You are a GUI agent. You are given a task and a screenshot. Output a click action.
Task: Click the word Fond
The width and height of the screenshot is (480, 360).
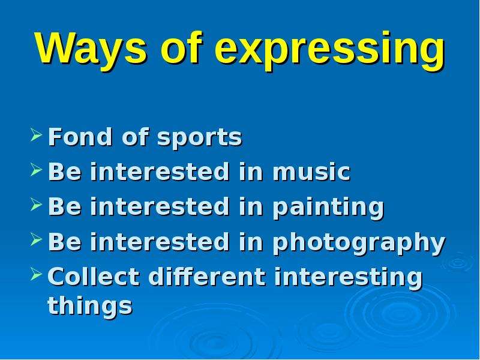[x=80, y=137]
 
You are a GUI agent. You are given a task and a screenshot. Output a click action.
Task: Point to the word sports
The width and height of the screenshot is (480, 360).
[x=200, y=139]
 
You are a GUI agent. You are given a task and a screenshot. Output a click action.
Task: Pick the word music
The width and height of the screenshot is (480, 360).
[x=311, y=172]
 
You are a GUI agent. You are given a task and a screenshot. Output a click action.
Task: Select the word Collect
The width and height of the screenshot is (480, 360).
[x=94, y=277]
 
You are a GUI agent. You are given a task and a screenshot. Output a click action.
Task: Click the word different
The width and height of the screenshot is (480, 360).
[x=207, y=277]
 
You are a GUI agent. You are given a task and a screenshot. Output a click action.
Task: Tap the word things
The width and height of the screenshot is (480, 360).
[x=90, y=306]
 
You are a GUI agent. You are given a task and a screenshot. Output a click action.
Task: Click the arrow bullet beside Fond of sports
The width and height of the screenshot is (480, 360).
[x=36, y=135]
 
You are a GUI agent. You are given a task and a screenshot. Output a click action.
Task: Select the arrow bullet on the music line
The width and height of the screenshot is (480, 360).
[x=36, y=170]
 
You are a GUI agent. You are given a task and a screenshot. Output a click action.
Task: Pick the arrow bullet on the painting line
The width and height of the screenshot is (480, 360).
[x=36, y=205]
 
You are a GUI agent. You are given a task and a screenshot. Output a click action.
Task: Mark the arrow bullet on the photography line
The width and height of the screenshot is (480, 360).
[x=36, y=239]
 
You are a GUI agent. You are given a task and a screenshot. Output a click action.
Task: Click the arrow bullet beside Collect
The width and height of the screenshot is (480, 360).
[x=36, y=274]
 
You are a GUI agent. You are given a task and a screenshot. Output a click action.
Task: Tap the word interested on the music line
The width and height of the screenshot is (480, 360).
[x=160, y=172]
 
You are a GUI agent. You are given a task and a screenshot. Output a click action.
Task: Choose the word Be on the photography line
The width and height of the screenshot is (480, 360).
[x=65, y=242]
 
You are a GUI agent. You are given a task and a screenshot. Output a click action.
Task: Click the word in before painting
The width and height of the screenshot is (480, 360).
[x=251, y=206]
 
